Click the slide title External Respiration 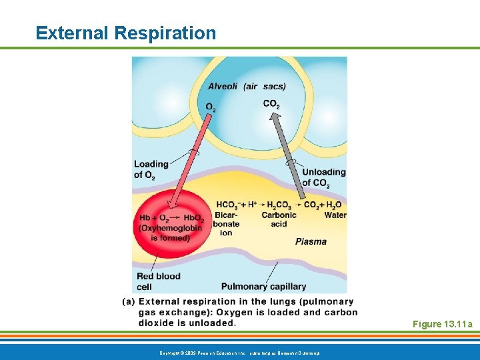(126, 33)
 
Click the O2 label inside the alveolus (211, 107)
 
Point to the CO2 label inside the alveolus (271, 104)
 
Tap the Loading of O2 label (151, 169)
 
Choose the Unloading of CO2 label (323, 177)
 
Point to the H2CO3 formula (279, 205)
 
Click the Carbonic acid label (279, 219)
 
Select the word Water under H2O (335, 215)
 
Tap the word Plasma (311, 241)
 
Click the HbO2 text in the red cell (193, 218)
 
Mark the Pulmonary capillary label (263, 287)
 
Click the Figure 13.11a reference (442, 325)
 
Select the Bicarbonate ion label (227, 224)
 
